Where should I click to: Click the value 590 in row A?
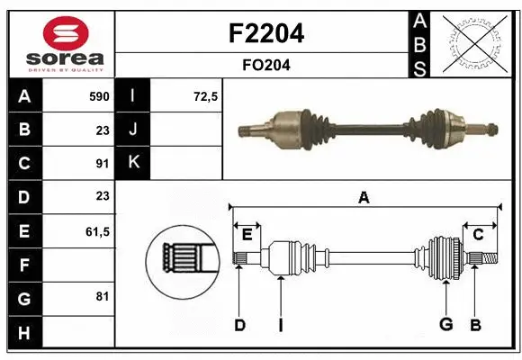coord(98,96)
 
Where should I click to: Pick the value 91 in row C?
coord(103,163)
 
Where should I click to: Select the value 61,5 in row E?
coord(96,231)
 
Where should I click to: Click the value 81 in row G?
coord(103,296)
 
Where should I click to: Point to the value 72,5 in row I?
coord(206,96)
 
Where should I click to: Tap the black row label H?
coord(23,333)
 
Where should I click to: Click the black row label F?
coord(23,265)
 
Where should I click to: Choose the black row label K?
coord(133,163)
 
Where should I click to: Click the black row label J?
coord(133,130)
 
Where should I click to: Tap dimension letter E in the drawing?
coord(247,235)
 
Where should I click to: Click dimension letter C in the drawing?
coord(479,235)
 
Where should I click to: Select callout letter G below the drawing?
coord(445,325)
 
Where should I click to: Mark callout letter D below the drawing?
coord(239,325)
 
